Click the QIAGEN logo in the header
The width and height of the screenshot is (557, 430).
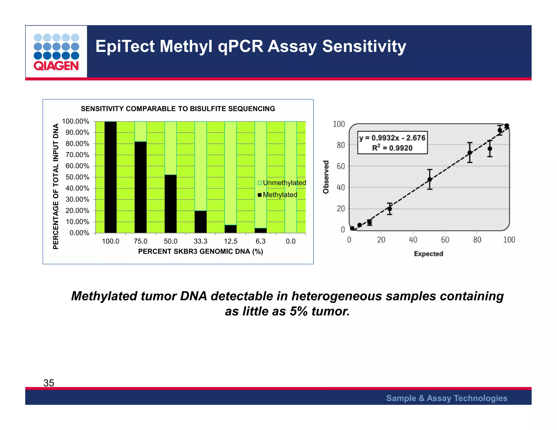(56, 52)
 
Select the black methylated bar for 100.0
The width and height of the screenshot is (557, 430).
(110, 177)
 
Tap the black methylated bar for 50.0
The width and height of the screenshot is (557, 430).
(171, 204)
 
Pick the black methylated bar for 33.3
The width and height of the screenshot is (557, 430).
(200, 222)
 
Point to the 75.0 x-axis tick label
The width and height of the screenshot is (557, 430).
(140, 241)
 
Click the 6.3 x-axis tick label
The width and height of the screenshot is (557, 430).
(260, 241)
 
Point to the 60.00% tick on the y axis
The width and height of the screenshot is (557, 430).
(77, 166)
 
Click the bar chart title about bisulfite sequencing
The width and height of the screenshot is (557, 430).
(178, 109)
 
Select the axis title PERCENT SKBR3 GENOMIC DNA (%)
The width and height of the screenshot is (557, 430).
(200, 251)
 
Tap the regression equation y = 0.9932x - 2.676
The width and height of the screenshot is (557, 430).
(392, 138)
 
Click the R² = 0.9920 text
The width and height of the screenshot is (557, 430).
(392, 148)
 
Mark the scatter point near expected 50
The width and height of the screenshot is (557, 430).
(429, 179)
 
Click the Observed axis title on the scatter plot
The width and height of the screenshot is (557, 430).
(326, 177)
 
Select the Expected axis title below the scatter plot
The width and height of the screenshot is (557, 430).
(428, 254)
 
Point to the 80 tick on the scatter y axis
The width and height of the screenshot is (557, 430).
(341, 145)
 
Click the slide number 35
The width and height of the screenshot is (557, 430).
(49, 383)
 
